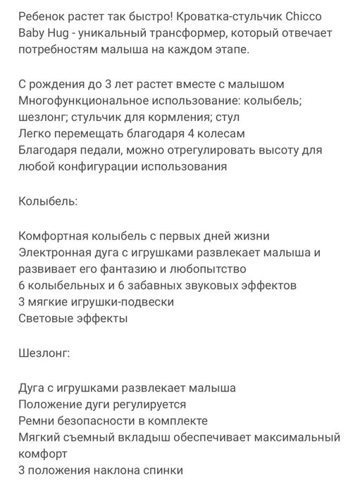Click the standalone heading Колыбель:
[x=48, y=201]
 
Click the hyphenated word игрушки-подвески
[x=120, y=302]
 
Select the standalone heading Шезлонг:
[x=45, y=353]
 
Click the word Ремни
[x=37, y=420]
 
